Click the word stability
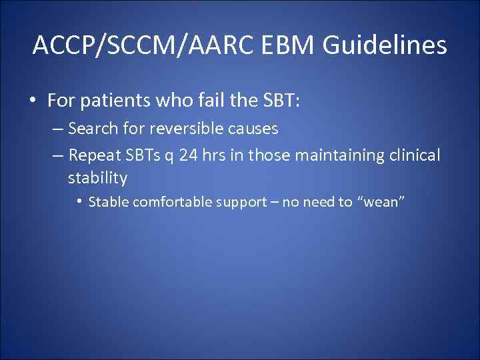point(97,178)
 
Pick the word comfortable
point(174,202)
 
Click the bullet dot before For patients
point(33,101)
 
